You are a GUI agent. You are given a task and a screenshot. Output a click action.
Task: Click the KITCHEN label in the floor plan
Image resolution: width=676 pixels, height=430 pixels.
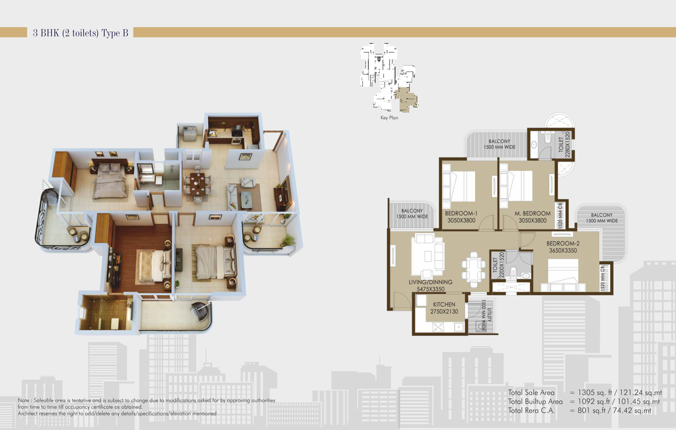click(x=444, y=305)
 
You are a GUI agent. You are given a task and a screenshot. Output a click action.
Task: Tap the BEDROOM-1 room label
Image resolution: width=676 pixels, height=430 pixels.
click(x=461, y=213)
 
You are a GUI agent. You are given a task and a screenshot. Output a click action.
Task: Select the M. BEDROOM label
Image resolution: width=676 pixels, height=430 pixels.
click(x=533, y=213)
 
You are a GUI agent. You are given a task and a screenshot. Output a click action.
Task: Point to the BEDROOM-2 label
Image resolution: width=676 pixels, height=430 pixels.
click(x=563, y=243)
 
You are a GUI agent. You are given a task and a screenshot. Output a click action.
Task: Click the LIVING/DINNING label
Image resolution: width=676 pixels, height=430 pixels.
click(x=430, y=282)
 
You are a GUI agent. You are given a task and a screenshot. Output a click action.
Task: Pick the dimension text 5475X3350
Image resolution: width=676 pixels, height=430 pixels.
click(x=430, y=289)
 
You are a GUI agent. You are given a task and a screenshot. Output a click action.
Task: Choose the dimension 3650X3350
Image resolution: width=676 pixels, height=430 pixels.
click(x=563, y=250)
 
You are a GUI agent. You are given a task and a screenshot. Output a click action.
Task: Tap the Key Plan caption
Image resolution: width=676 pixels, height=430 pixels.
click(x=389, y=118)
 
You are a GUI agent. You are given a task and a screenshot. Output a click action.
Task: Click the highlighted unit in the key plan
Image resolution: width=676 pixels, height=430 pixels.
click(x=407, y=99)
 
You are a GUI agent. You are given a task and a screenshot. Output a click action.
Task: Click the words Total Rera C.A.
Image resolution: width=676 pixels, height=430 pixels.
click(x=531, y=411)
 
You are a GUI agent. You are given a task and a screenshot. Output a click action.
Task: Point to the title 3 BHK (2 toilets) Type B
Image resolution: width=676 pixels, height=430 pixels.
click(x=81, y=32)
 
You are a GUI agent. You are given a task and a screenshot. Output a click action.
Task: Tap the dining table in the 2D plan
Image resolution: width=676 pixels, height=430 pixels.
click(x=474, y=270)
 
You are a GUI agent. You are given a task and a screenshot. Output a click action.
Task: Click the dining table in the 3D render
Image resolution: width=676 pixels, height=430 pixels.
click(x=198, y=183)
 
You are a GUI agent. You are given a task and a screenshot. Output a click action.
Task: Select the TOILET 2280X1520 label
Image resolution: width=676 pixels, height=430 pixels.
click(x=564, y=144)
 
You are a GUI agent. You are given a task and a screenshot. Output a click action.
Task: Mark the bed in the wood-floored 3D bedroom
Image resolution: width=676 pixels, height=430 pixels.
click(x=155, y=266)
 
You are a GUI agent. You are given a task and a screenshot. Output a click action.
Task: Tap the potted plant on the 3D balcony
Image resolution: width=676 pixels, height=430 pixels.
click(x=288, y=241)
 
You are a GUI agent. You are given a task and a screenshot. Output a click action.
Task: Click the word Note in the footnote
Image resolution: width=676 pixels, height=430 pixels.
click(x=24, y=400)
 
